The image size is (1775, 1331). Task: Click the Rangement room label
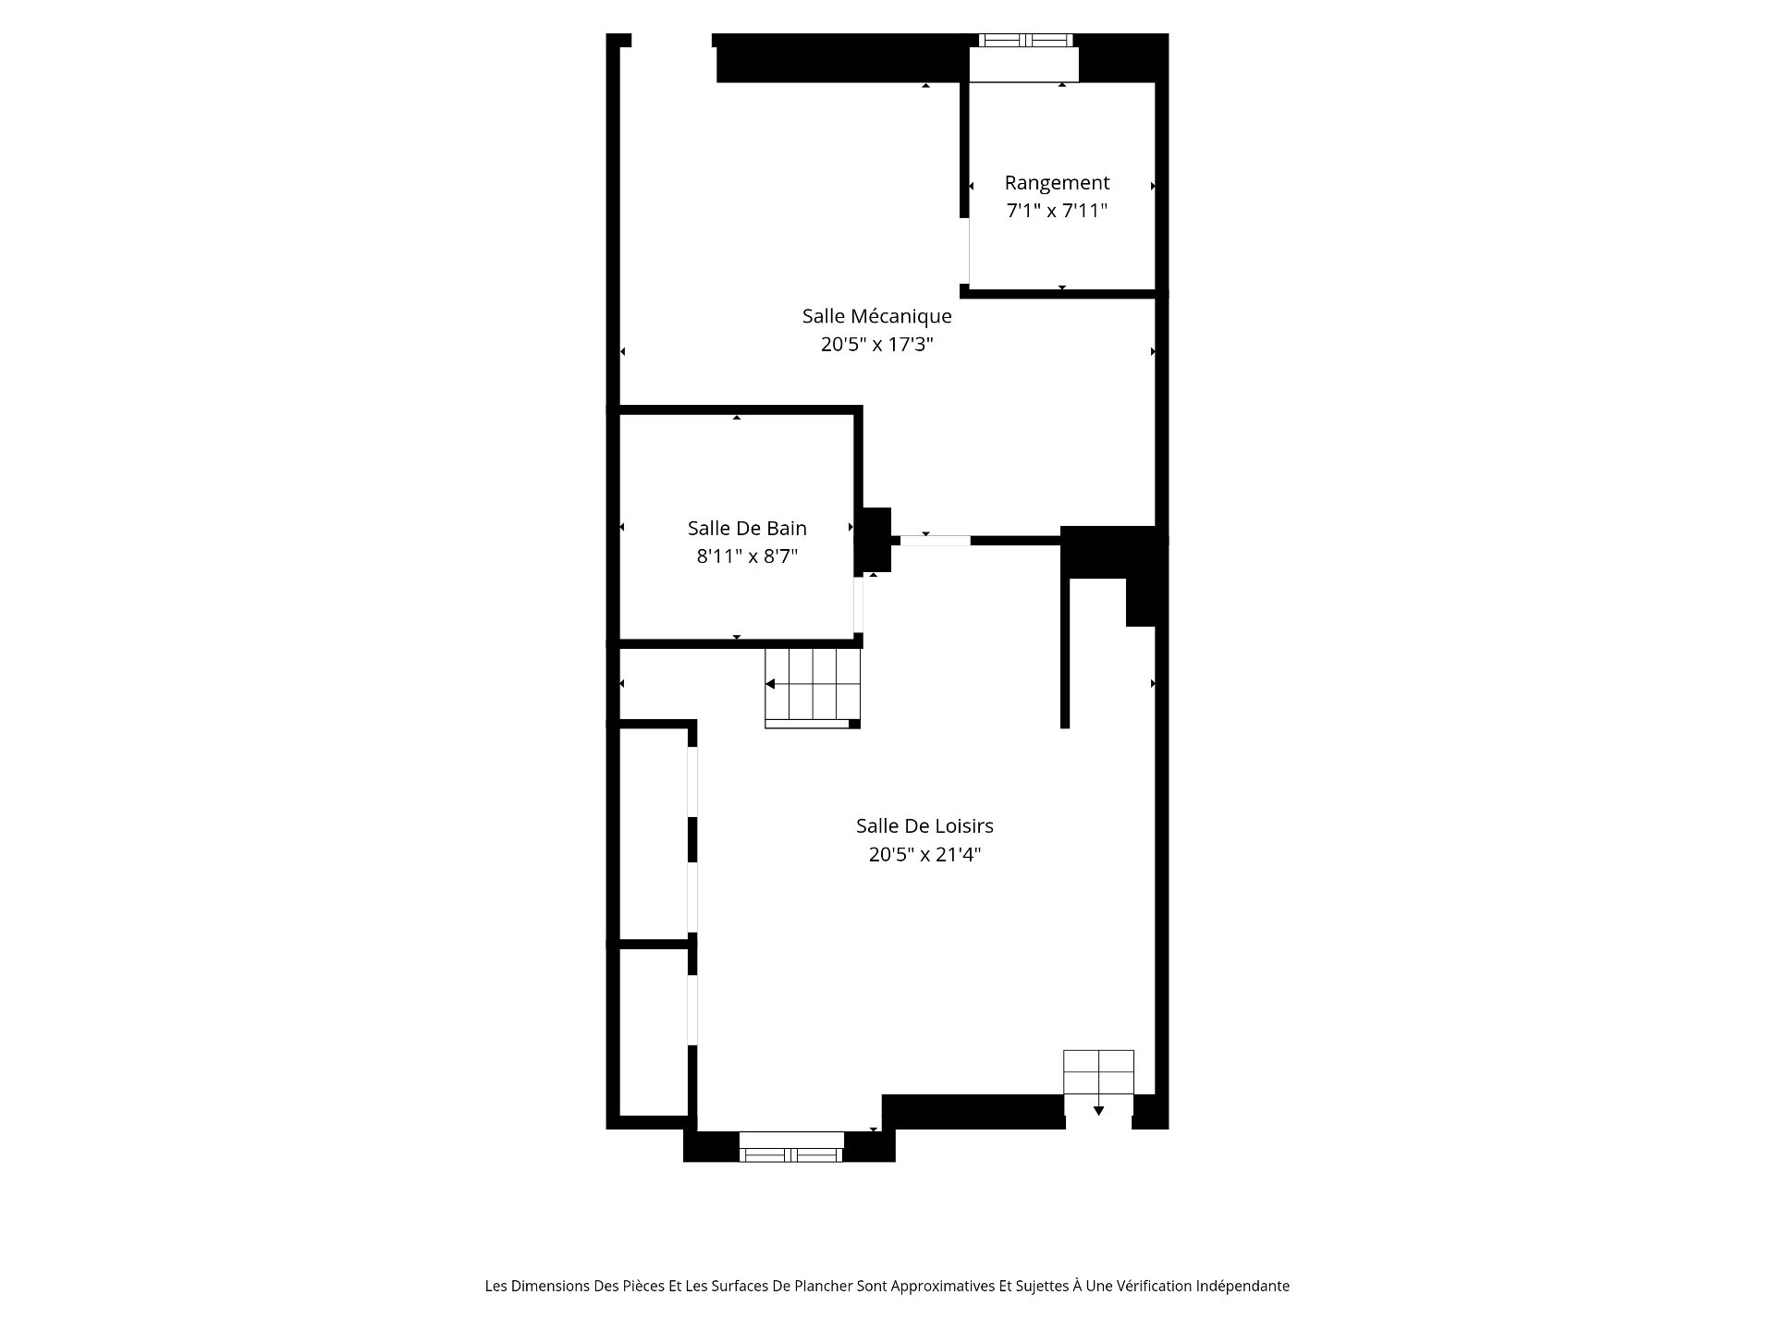pyautogui.click(x=1057, y=183)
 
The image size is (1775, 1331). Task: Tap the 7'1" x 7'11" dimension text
pyautogui.click(x=1057, y=211)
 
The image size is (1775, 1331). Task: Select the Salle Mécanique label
pyautogui.click(x=876, y=316)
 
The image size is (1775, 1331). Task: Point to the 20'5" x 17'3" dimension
pyautogui.click(x=877, y=345)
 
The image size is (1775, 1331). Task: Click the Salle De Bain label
pyautogui.click(x=747, y=528)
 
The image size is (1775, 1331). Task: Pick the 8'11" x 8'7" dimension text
pyautogui.click(x=747, y=556)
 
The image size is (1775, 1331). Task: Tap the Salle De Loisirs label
pyautogui.click(x=924, y=825)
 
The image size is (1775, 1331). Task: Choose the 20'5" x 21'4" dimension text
pyautogui.click(x=924, y=854)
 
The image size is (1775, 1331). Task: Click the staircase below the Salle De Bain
pyautogui.click(x=813, y=688)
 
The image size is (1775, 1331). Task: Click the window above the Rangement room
pyautogui.click(x=1025, y=41)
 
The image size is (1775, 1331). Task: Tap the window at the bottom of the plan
pyautogui.click(x=790, y=1154)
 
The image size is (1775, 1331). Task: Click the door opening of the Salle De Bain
pyautogui.click(x=858, y=604)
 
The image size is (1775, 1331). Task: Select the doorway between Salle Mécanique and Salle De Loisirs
pyautogui.click(x=935, y=541)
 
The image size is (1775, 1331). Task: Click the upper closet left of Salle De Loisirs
pyautogui.click(x=653, y=834)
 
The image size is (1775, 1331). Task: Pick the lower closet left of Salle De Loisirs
pyautogui.click(x=653, y=1032)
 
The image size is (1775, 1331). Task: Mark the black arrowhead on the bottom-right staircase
pyautogui.click(x=1098, y=1110)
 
